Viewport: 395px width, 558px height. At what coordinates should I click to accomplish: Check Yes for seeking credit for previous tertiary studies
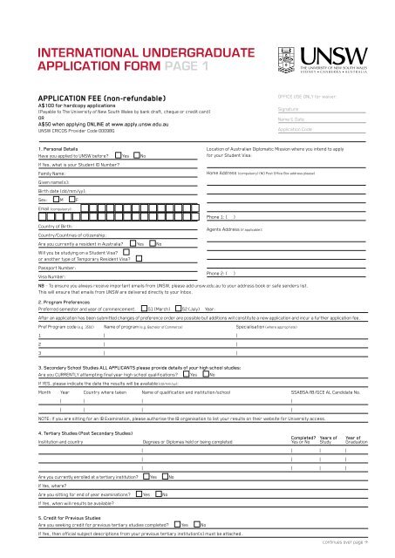(176, 524)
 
